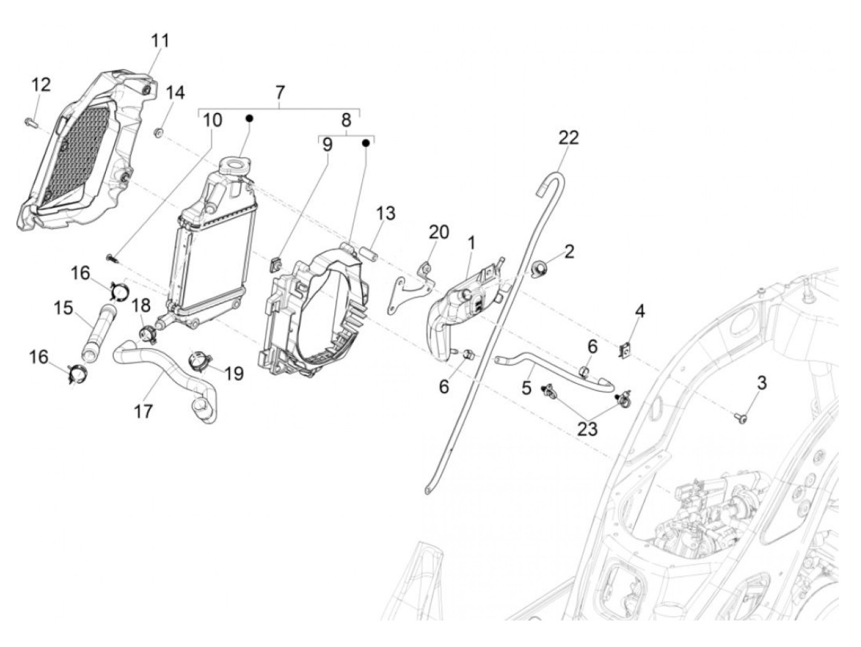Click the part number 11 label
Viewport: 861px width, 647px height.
(x=160, y=41)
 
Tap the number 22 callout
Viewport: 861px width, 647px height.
(x=568, y=138)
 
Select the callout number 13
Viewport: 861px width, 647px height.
(x=386, y=214)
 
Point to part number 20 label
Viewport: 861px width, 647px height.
(x=439, y=232)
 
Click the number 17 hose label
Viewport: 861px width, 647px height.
(x=143, y=410)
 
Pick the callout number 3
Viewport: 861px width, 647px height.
(x=761, y=383)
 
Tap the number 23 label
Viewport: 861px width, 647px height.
(x=587, y=428)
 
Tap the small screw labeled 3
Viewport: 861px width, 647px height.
(x=738, y=418)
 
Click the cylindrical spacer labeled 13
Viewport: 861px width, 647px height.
(x=370, y=253)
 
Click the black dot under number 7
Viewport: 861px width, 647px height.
(x=250, y=117)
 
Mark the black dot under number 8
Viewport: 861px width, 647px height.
(x=366, y=143)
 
